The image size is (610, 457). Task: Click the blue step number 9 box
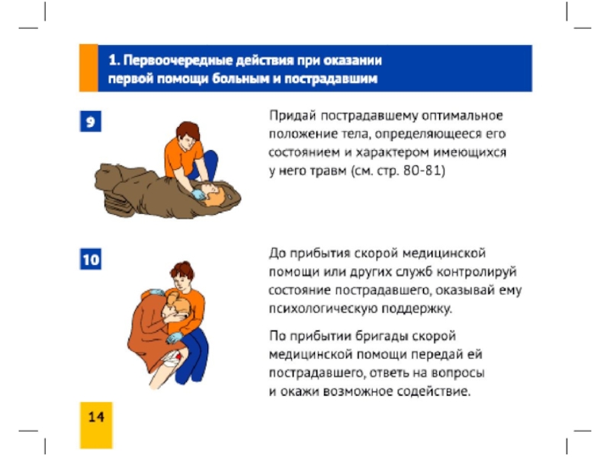tap(91, 121)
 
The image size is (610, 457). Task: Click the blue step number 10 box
tap(91, 259)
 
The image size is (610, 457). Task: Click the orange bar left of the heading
tap(88, 68)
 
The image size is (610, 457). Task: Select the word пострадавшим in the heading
tap(331, 79)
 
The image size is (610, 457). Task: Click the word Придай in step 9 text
tap(292, 116)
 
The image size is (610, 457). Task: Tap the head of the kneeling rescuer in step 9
tap(187, 135)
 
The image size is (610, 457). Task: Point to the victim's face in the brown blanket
tap(211, 190)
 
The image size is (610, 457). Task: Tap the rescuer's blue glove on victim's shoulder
tap(157, 292)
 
